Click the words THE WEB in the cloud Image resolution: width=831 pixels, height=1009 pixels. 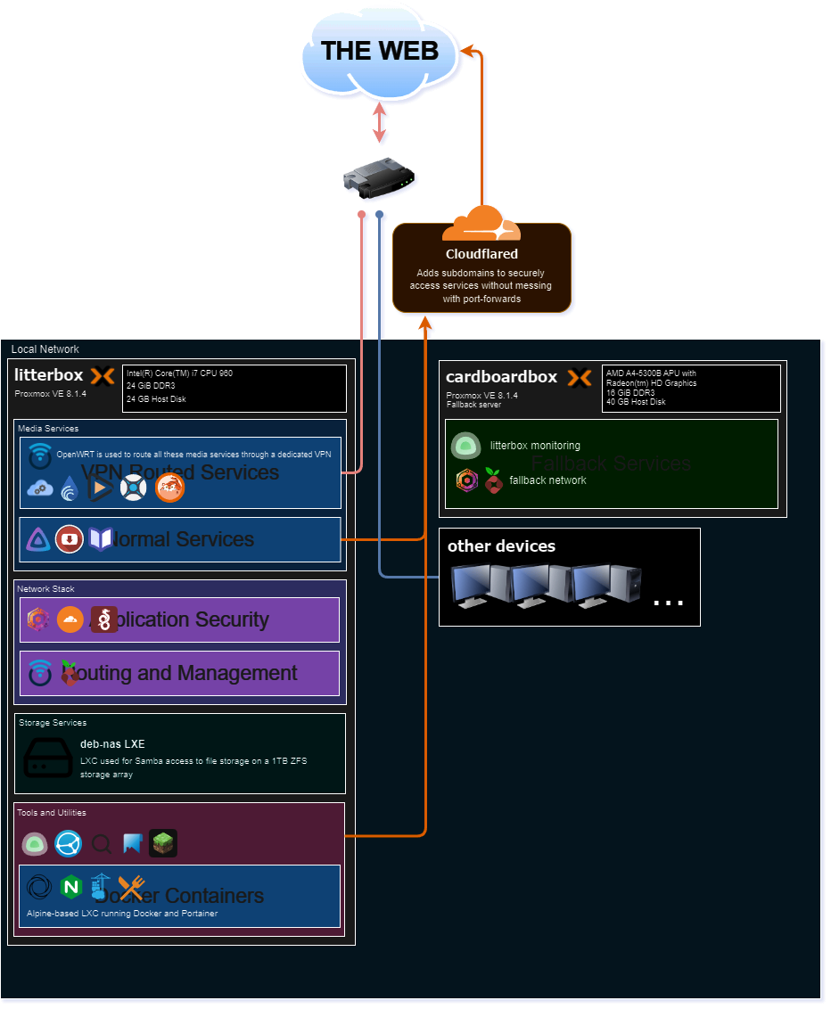[380, 51]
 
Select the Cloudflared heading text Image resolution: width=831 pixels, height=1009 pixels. [481, 254]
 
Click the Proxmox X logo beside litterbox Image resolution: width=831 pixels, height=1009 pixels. [103, 376]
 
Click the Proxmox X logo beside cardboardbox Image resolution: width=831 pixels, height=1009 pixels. [580, 378]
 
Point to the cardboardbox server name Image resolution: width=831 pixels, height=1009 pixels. [501, 377]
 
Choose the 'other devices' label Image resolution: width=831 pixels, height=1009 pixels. [501, 546]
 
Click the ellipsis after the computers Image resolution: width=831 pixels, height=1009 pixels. [668, 603]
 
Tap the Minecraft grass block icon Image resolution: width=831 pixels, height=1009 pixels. [163, 843]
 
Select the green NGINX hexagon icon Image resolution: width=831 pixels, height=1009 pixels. [70, 887]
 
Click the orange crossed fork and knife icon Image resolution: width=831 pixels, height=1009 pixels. [131, 887]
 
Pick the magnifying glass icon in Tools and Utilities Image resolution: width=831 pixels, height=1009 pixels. [103, 843]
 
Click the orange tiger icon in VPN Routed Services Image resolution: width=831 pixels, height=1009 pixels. [169, 487]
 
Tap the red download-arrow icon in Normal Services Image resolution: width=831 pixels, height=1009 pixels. [69, 539]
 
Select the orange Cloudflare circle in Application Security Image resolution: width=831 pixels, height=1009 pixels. [70, 619]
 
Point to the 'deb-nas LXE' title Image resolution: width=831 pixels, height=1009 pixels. [112, 743]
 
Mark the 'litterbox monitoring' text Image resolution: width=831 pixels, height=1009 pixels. [535, 446]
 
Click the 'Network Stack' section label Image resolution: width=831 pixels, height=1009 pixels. [45, 589]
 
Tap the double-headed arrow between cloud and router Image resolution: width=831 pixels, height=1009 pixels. [381, 124]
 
